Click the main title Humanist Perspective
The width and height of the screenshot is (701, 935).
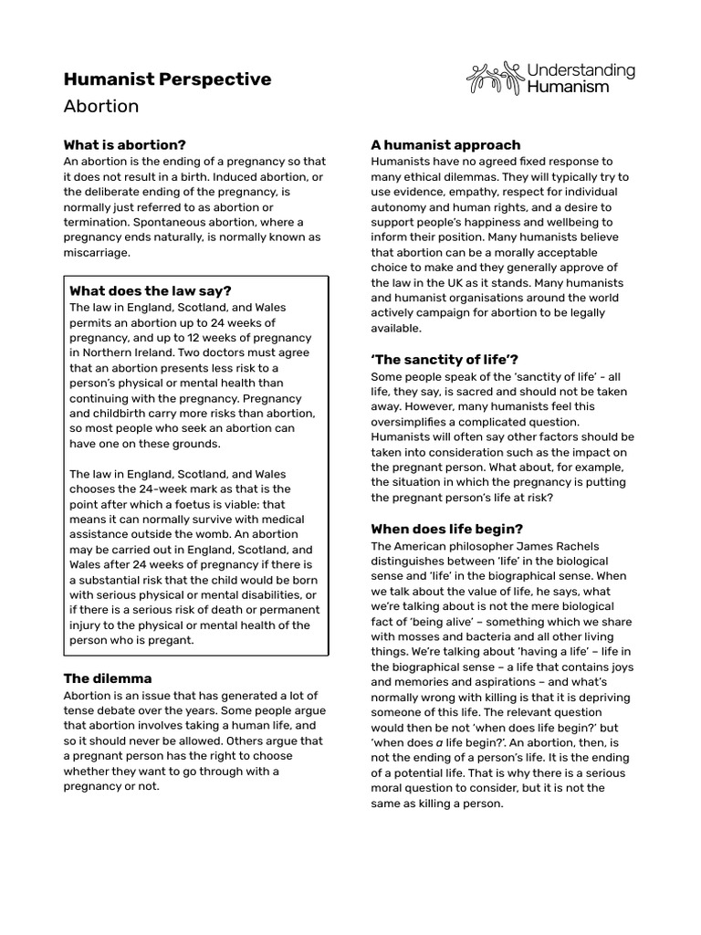(167, 79)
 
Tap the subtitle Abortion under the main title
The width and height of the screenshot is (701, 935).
(100, 106)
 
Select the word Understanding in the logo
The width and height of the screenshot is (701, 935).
(581, 69)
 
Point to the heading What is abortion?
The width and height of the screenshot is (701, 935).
(124, 144)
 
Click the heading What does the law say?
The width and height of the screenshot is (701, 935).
(151, 291)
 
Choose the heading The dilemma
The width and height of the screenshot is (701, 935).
(107, 678)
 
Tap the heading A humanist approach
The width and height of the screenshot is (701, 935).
(445, 144)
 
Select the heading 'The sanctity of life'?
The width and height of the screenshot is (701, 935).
(445, 360)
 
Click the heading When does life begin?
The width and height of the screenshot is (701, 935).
(446, 529)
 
